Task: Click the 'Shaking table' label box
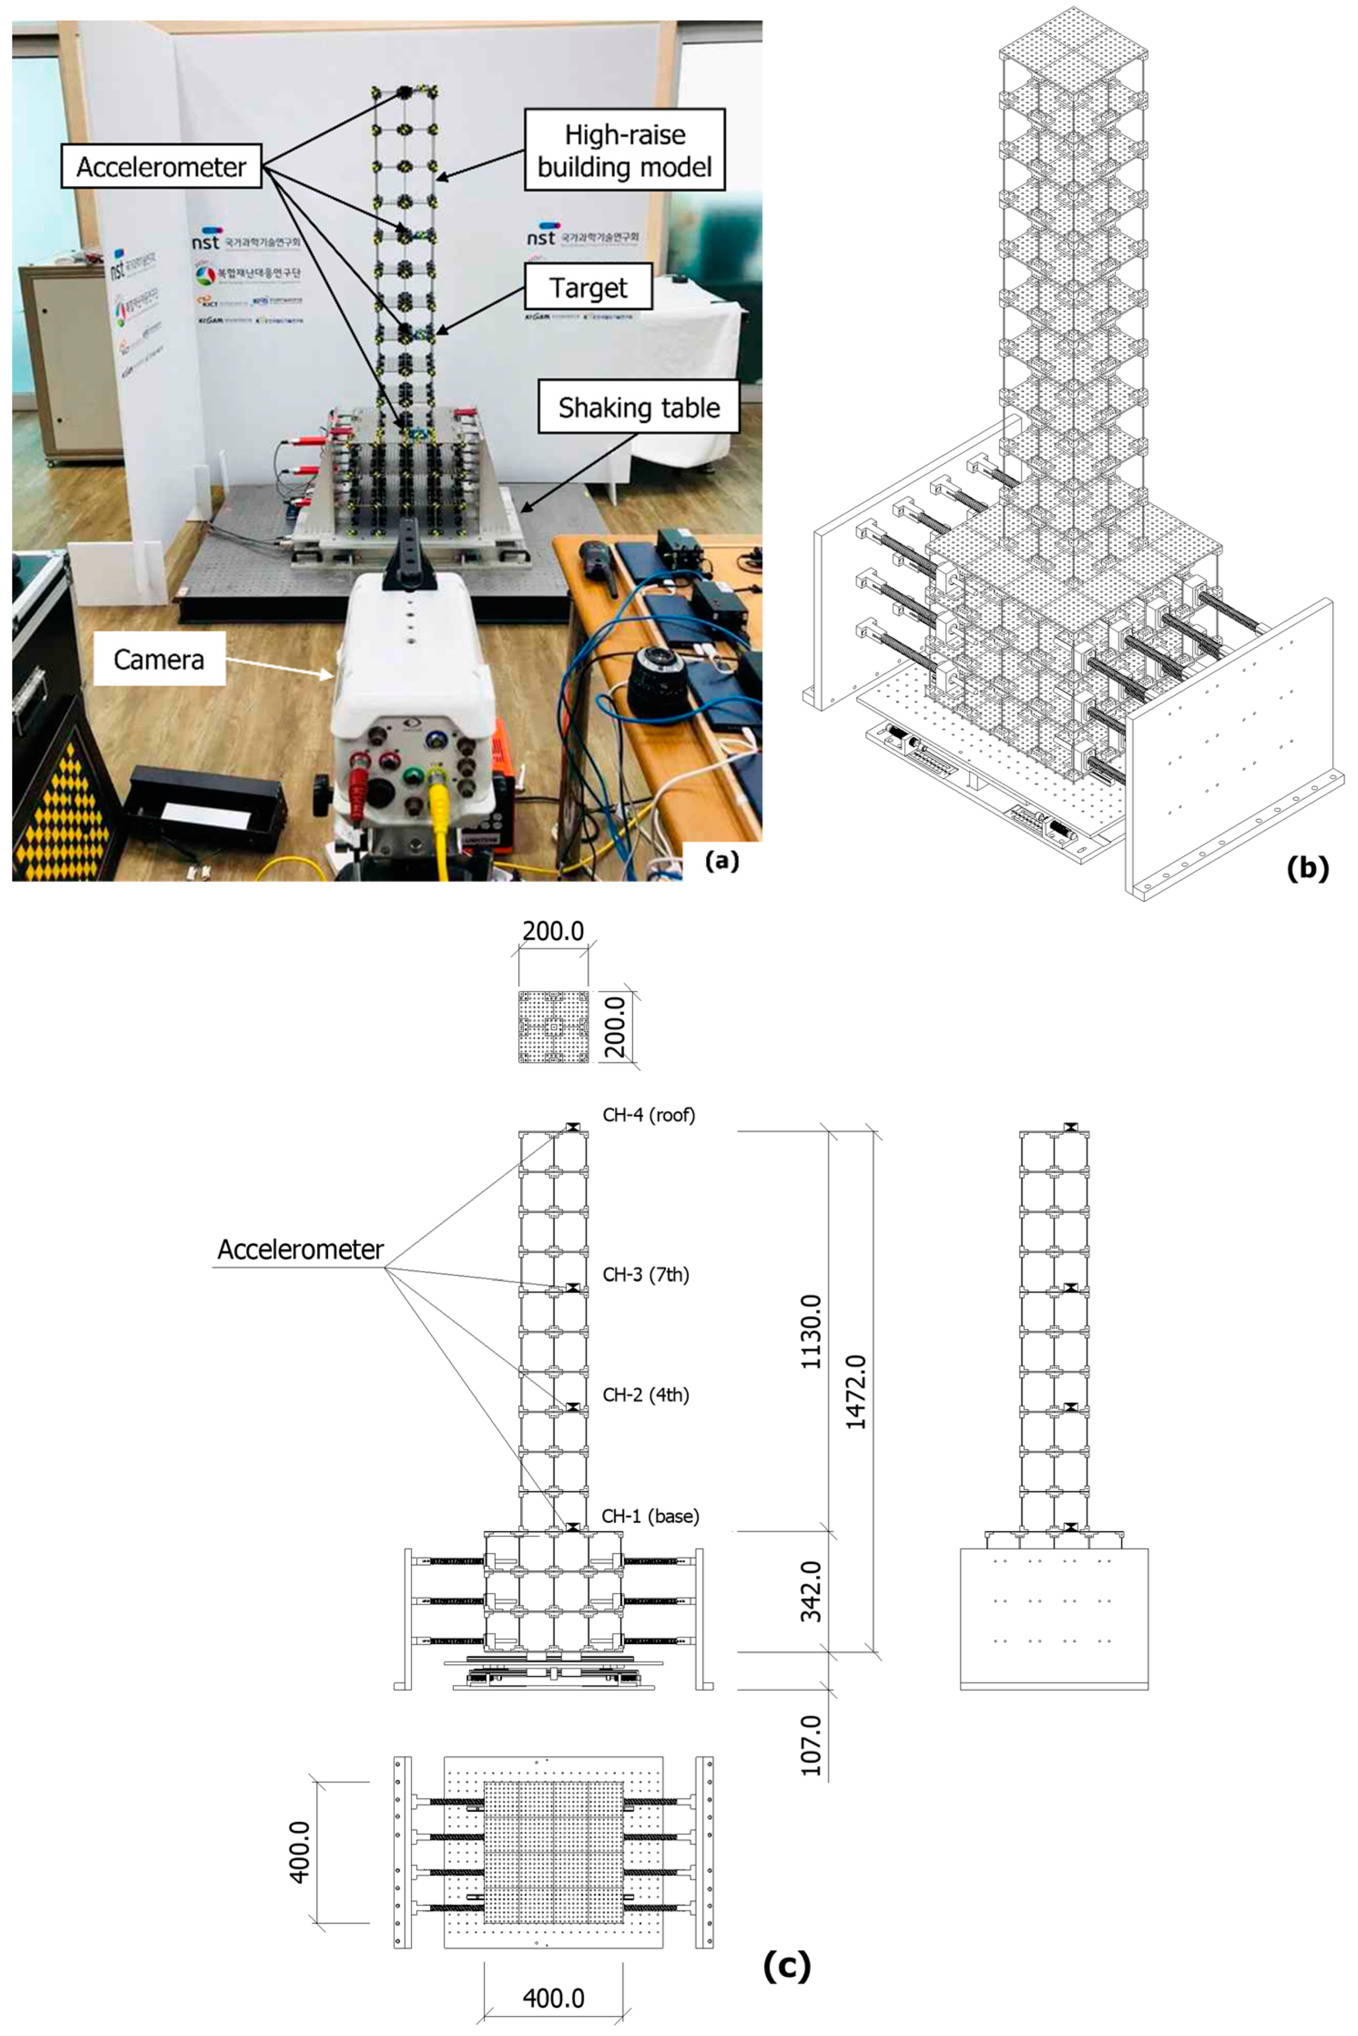[x=638, y=407]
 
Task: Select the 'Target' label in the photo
[x=588, y=288]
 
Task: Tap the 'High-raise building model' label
[x=624, y=150]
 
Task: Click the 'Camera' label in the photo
[x=159, y=659]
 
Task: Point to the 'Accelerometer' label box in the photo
[x=161, y=166]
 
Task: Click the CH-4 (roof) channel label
[x=649, y=1115]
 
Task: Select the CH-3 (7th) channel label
[x=646, y=1274]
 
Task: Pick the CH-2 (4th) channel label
[x=646, y=1395]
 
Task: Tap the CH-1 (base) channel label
[x=650, y=1515]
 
